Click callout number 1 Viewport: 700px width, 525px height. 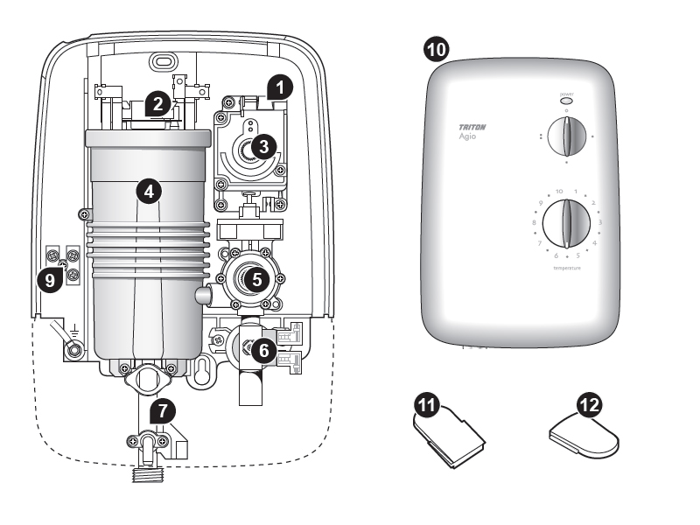279,86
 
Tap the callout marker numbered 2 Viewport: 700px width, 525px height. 157,103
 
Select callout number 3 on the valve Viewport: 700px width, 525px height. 260,148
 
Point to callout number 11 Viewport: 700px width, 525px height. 427,403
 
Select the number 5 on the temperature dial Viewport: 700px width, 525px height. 576,255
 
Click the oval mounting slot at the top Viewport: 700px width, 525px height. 161,62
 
